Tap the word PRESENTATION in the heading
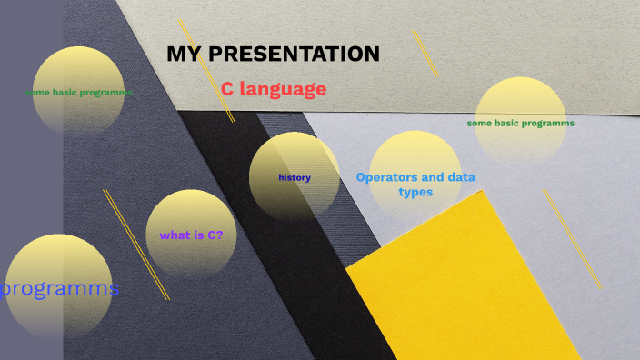tap(295, 55)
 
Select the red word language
tap(283, 89)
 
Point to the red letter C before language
tap(227, 89)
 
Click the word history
tap(295, 177)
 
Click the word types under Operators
tap(415, 192)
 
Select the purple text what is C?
tap(191, 235)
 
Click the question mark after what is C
tap(220, 235)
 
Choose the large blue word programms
tap(60, 289)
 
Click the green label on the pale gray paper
tap(520, 123)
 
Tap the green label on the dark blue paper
tap(78, 93)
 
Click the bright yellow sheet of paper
tap(464, 291)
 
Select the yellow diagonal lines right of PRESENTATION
tap(425, 54)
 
